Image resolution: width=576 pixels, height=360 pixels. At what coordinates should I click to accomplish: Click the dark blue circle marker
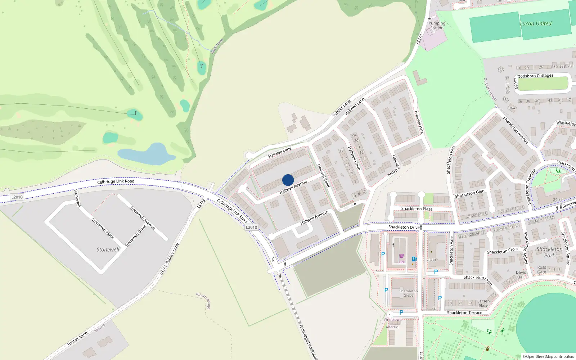tap(288, 180)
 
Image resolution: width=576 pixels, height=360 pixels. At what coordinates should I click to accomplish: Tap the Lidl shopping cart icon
tap(401, 257)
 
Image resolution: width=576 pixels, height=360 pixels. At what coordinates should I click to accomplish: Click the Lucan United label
tap(535, 23)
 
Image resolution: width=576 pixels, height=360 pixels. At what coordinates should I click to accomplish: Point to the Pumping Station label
tap(437, 26)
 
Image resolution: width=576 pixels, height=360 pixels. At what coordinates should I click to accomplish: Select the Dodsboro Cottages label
tap(535, 76)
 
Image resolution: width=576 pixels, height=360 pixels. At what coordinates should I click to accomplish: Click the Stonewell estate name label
tap(108, 249)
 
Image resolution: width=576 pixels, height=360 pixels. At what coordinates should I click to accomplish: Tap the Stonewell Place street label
tap(102, 228)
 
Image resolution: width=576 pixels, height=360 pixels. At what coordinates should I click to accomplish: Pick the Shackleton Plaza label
tap(417, 209)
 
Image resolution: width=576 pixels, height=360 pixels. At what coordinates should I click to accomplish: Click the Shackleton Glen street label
tap(469, 194)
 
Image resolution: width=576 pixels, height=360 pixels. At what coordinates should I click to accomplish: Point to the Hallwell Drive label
tap(354, 158)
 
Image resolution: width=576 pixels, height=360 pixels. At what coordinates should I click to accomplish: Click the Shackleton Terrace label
tap(464, 313)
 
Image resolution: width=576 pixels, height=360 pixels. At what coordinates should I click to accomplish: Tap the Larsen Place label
tap(483, 303)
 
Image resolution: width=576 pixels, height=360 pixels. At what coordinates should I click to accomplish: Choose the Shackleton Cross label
tap(503, 251)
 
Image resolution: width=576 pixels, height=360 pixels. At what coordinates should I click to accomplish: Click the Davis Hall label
tap(521, 275)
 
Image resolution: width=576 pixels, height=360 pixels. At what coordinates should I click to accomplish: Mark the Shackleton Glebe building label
tap(408, 293)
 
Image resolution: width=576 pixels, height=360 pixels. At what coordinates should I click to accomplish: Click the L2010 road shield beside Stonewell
tap(17, 197)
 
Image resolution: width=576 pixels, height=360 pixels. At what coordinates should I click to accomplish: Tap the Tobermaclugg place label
tap(204, 300)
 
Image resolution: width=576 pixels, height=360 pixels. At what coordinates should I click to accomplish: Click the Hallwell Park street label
tap(419, 122)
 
